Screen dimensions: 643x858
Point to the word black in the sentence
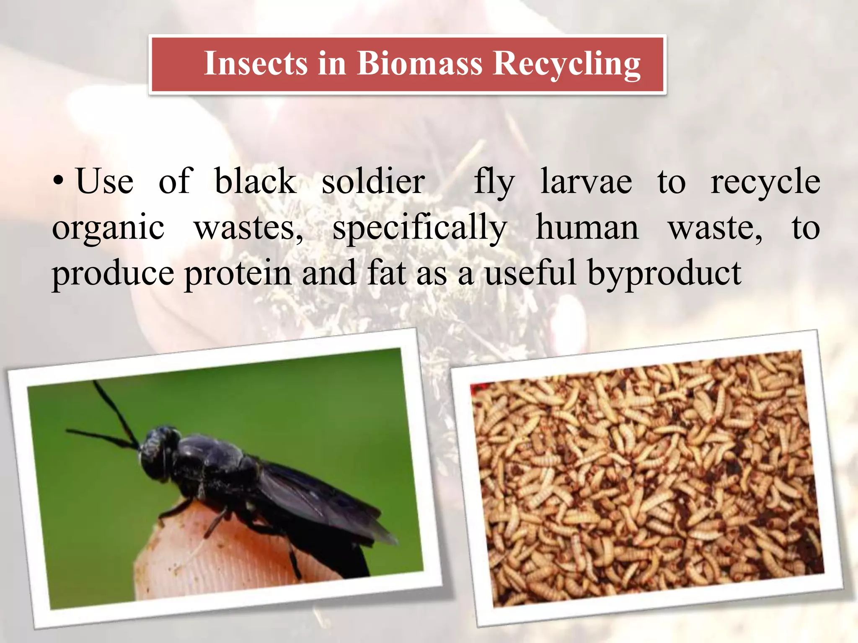click(x=255, y=181)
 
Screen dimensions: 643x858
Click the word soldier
click(x=373, y=181)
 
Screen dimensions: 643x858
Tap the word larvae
click(x=586, y=181)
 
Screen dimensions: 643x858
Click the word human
click(x=587, y=227)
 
